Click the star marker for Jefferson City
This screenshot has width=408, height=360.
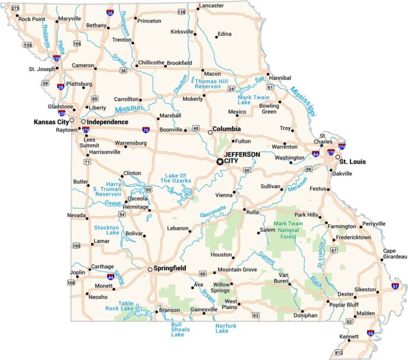[220, 161]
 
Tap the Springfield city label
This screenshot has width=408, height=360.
[170, 269]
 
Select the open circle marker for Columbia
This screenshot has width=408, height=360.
[210, 132]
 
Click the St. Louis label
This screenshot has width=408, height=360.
[353, 161]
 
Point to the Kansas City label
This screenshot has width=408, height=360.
[51, 122]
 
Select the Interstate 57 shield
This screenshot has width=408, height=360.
[395, 286]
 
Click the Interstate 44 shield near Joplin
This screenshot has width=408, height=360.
[110, 277]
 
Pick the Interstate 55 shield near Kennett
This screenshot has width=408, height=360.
[371, 333]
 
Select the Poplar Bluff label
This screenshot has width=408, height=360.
[344, 305]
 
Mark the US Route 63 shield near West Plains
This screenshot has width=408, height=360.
[256, 315]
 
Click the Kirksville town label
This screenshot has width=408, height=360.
[182, 32]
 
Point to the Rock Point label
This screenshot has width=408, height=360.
[31, 19]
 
